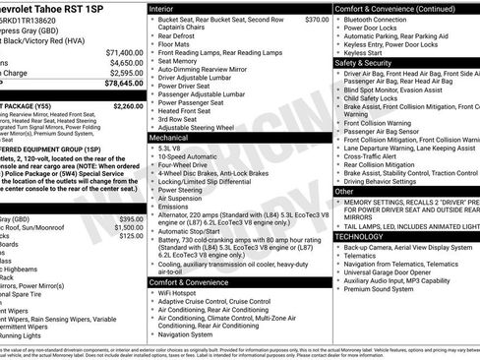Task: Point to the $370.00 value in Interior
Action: (316, 20)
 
